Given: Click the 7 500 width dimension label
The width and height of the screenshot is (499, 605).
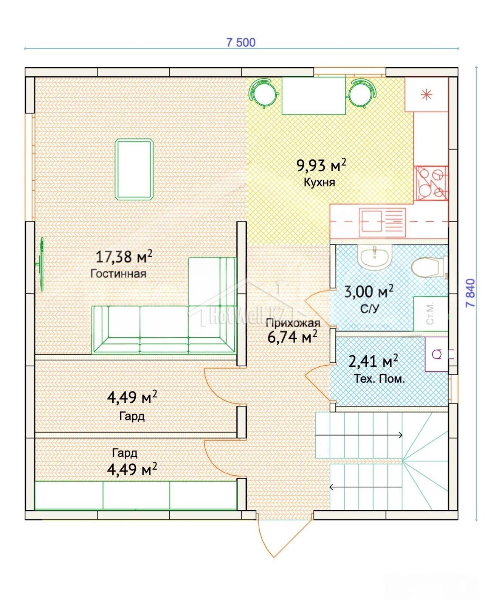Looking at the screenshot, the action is pyautogui.click(x=241, y=42).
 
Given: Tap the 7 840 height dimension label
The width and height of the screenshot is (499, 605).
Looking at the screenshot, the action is pyautogui.click(x=471, y=293).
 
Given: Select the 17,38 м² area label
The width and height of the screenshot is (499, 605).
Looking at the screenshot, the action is pyautogui.click(x=124, y=257).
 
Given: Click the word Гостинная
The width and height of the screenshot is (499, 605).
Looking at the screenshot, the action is pyautogui.click(x=118, y=273).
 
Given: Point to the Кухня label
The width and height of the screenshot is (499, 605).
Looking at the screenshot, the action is pyautogui.click(x=319, y=182).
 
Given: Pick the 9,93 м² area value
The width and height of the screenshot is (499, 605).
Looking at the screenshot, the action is pyautogui.click(x=321, y=165).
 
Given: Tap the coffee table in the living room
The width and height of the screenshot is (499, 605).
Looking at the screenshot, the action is pyautogui.click(x=134, y=169).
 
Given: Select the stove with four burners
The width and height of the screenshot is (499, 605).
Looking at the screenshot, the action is pyautogui.click(x=431, y=183).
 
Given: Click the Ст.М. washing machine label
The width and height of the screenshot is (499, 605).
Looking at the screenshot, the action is pyautogui.click(x=430, y=313).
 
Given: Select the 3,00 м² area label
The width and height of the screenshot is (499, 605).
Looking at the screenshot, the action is pyautogui.click(x=369, y=292).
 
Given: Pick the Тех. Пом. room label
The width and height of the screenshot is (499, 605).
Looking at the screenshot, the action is pyautogui.click(x=379, y=379).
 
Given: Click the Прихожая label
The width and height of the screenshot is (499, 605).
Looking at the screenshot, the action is pyautogui.click(x=293, y=323).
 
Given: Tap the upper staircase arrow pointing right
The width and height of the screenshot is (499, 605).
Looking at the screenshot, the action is pyautogui.click(x=359, y=435).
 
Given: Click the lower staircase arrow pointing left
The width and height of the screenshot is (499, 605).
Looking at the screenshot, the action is pyautogui.click(x=366, y=487).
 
